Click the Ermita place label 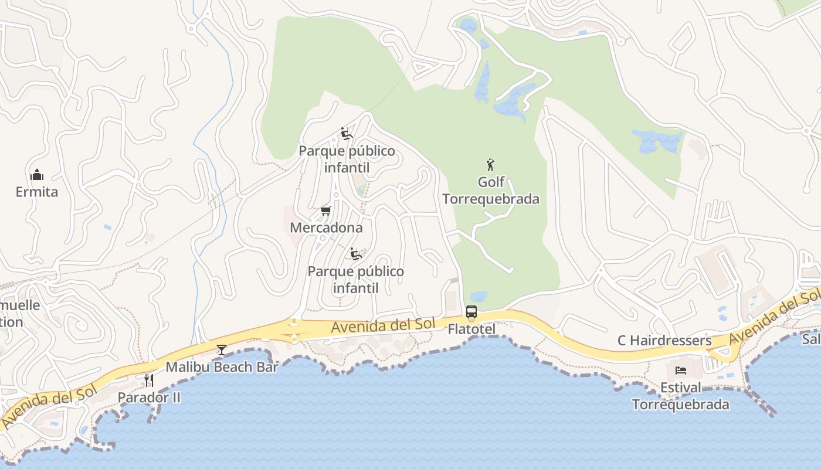[37, 192]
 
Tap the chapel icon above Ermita [37, 175]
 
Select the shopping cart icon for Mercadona [326, 210]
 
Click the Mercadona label [326, 227]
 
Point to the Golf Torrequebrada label [491, 191]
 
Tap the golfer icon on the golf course [491, 164]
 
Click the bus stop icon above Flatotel [471, 312]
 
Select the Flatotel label [471, 329]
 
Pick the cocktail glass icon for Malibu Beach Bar [222, 350]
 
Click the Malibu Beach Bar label [222, 368]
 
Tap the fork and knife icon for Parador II [149, 380]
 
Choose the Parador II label [149, 397]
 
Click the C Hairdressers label [664, 341]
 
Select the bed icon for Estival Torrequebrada [680, 371]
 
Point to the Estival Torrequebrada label [680, 396]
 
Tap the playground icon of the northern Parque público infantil [347, 134]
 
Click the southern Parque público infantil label [356, 280]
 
